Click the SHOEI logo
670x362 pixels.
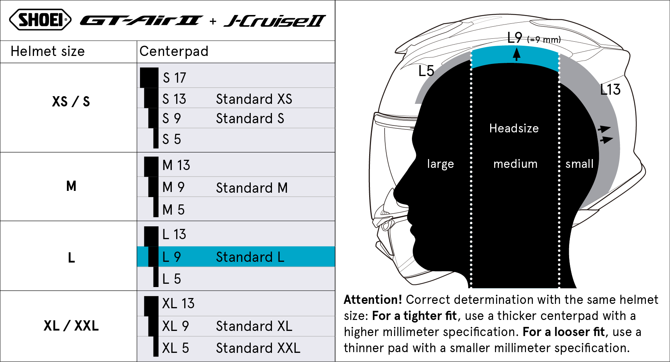coord(40,20)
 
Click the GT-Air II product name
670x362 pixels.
coord(141,20)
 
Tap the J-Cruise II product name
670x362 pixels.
coord(275,21)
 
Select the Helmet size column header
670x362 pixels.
coord(48,52)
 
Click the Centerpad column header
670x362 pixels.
coord(174,52)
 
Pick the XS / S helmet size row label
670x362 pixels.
coord(71,101)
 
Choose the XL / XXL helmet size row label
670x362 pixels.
coord(71,325)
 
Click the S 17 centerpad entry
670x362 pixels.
coord(174,78)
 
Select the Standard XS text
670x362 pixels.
coord(254,99)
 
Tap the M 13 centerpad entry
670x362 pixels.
coord(176,165)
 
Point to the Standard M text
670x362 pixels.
coord(252,188)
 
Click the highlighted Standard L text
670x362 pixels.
coord(250,257)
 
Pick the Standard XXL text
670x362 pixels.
coord(258,348)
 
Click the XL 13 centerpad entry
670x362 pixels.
coord(178,303)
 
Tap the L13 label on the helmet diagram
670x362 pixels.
coord(610,90)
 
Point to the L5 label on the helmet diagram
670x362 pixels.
coord(426,71)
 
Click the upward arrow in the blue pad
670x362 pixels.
coord(516,54)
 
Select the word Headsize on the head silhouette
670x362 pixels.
coord(514,128)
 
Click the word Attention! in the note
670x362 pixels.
coord(373,300)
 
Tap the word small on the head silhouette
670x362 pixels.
coord(579,164)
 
